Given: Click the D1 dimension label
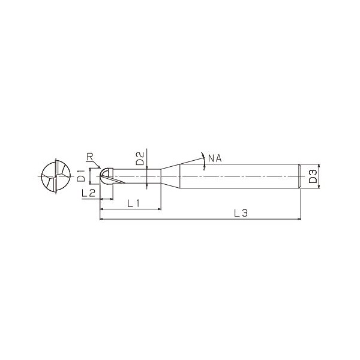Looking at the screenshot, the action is click(x=81, y=176).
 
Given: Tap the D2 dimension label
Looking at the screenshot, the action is click(x=140, y=158).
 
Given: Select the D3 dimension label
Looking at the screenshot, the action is click(x=313, y=176).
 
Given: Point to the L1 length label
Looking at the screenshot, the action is click(x=134, y=203).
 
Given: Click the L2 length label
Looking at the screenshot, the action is click(x=88, y=193).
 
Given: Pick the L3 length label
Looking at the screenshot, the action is click(x=241, y=214).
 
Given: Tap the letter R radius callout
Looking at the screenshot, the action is click(x=90, y=157).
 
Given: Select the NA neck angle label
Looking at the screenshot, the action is click(x=215, y=158).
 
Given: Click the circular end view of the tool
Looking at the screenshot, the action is click(x=56, y=176).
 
